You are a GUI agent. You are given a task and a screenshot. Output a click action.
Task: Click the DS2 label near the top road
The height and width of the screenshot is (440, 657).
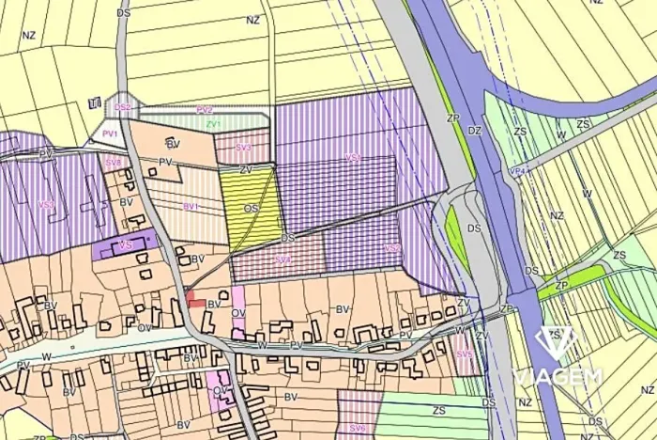tap(123, 108)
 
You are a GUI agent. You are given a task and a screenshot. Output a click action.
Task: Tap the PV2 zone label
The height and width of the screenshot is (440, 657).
tap(205, 110)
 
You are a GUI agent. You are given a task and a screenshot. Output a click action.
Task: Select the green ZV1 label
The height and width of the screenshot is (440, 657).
tap(213, 123)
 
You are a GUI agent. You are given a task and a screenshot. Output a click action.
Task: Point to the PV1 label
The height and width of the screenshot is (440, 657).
tap(110, 134)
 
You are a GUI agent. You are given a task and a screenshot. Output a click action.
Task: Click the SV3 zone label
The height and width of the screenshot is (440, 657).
tap(243, 148)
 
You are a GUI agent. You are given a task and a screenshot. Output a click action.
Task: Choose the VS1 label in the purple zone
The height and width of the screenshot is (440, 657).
tap(354, 157)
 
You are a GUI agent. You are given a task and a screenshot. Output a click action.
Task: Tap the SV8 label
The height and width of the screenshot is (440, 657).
tap(114, 163)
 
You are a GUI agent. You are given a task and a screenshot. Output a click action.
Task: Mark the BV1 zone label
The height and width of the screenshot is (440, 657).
tap(191, 205)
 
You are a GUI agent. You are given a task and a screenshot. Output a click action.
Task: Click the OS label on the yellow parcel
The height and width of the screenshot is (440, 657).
tap(251, 208)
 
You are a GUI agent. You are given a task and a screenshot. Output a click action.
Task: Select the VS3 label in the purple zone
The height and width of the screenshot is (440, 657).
tap(46, 204)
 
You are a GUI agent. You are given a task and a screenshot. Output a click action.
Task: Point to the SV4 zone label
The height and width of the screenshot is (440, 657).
tap(283, 259)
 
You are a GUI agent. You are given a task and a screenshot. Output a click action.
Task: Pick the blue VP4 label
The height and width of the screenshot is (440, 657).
tap(516, 171)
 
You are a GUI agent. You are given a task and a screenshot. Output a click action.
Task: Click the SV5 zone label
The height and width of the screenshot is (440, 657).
tap(464, 354)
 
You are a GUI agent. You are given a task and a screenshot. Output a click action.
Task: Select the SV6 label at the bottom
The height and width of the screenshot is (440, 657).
tap(358, 428)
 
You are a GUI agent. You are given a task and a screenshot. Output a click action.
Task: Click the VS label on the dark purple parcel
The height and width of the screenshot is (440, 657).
tap(125, 245)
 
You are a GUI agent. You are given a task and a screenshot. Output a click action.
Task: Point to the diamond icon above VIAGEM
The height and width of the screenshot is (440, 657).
tap(553, 340)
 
